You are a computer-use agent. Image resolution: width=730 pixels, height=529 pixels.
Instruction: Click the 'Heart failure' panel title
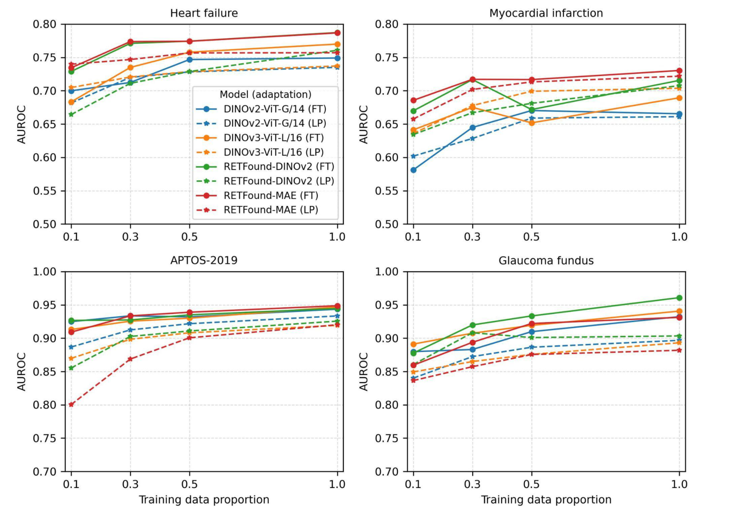pos(204,13)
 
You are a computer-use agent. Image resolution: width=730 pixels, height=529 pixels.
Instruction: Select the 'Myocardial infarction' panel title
pos(546,13)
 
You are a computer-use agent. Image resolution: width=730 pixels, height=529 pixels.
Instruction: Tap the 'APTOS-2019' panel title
pos(204,261)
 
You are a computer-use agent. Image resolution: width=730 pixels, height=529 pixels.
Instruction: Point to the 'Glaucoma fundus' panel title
pos(546,261)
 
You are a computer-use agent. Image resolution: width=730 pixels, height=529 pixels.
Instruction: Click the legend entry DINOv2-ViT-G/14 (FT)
pos(275,109)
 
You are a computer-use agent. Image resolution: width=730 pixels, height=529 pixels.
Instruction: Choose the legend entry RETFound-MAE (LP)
pos(271,210)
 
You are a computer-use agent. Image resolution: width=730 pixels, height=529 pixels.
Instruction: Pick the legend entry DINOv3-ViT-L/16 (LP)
pos(273,152)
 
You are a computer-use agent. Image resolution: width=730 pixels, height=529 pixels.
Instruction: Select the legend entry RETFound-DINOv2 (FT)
pos(279,167)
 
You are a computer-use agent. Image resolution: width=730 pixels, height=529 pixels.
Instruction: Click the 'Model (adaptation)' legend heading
pos(265,94)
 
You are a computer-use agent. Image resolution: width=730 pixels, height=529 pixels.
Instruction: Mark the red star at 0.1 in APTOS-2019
pos(71,405)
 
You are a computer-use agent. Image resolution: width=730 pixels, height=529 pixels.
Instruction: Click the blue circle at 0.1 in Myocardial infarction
pos(413,170)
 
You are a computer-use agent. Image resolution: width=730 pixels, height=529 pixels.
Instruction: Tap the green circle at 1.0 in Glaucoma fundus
pos(679,298)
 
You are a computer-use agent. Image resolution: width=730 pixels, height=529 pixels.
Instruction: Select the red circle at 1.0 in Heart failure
pos(337,33)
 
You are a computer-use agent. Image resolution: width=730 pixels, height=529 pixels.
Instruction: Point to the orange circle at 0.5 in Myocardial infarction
pos(532,123)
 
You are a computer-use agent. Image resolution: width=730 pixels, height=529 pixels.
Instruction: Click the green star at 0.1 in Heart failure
pos(71,115)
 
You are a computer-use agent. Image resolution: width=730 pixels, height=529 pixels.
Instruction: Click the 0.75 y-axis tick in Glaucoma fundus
pos(386,438)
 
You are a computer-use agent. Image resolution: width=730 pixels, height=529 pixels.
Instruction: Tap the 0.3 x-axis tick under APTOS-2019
pos(130,484)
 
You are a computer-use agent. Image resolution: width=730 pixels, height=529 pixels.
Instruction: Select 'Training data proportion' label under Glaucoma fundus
pos(546,500)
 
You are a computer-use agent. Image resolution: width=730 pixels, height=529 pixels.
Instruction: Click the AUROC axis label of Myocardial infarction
pos(364,124)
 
